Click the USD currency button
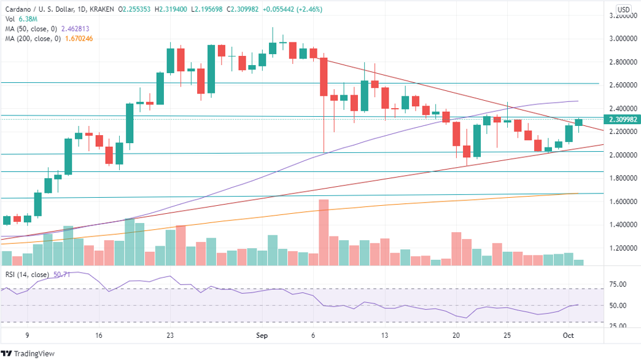pos(623,9)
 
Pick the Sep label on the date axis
pos(262,335)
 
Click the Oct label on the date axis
pos(569,335)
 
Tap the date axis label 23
pos(171,335)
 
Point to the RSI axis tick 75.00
pos(618,284)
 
